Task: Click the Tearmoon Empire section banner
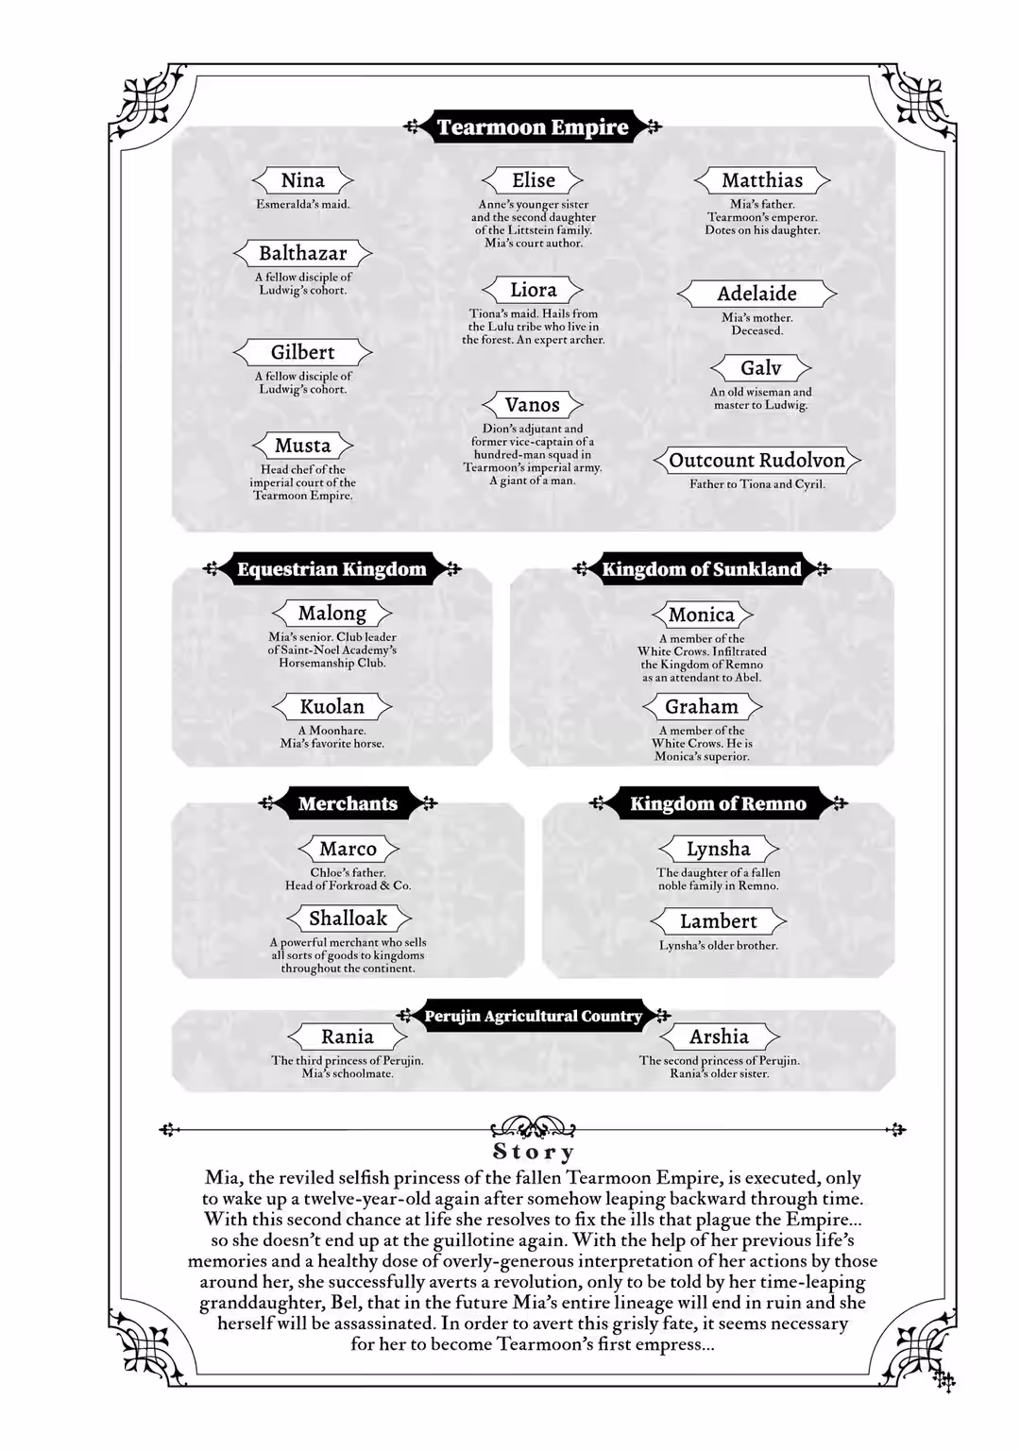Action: point(533,126)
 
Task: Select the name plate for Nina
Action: point(302,180)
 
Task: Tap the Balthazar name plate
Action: point(302,253)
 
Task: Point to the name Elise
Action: point(533,180)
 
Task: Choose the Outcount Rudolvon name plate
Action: point(756,461)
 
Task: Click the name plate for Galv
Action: point(760,368)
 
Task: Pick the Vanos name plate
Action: point(533,405)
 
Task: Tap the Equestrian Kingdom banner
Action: point(331,569)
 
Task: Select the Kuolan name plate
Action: point(331,706)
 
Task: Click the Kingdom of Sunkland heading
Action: point(701,569)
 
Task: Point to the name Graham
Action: point(701,706)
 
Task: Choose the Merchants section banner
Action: point(348,803)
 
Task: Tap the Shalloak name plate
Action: point(348,918)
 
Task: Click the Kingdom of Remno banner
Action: point(718,803)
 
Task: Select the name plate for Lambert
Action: point(718,921)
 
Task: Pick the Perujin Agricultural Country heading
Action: point(533,1017)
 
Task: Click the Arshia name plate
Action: point(718,1037)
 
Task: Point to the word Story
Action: point(533,1152)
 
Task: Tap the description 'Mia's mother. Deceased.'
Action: point(756,324)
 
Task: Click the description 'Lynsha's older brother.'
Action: point(718,945)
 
